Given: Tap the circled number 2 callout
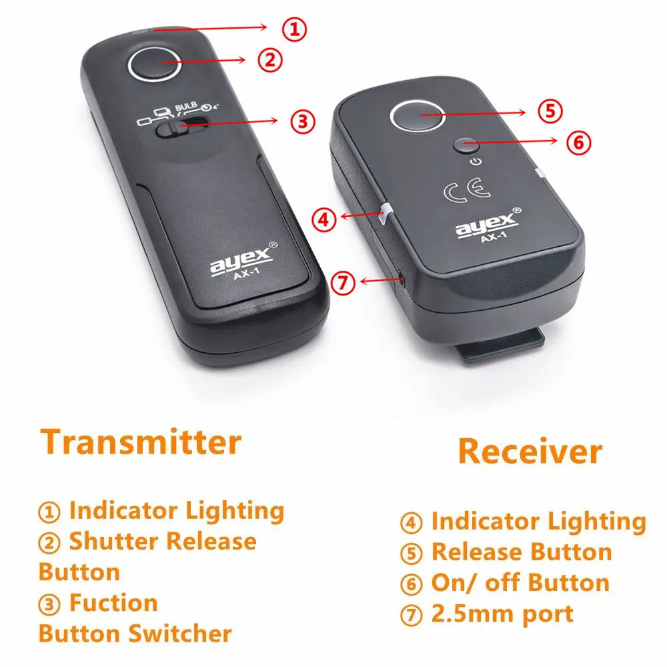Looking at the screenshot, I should coord(270,59).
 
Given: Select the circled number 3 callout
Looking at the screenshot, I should coord(301,121).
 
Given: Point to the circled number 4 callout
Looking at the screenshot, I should coord(325,220).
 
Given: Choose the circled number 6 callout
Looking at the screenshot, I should coord(578,141).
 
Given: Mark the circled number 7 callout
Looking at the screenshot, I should coord(343,283).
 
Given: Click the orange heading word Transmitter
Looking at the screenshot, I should coord(140,442).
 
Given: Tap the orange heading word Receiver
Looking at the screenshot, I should coord(529,452).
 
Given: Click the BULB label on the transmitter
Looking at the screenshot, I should coord(187,107).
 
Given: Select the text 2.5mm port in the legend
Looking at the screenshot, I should coord(502,613).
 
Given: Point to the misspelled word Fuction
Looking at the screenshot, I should coord(113,603).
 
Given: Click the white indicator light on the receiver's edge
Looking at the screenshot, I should coord(385,215).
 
